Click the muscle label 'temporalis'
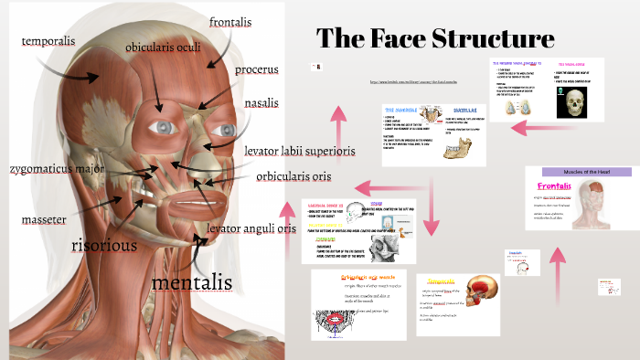pos(48,41)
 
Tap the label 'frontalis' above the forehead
pos(230,22)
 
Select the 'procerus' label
pos(257,69)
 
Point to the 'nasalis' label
pos(261,102)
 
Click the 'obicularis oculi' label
pos(164,46)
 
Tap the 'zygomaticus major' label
pos(57,169)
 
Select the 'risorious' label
pos(104,245)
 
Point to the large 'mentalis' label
pos(191,282)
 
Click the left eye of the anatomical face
pos(164,126)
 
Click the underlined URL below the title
pos(412,81)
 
